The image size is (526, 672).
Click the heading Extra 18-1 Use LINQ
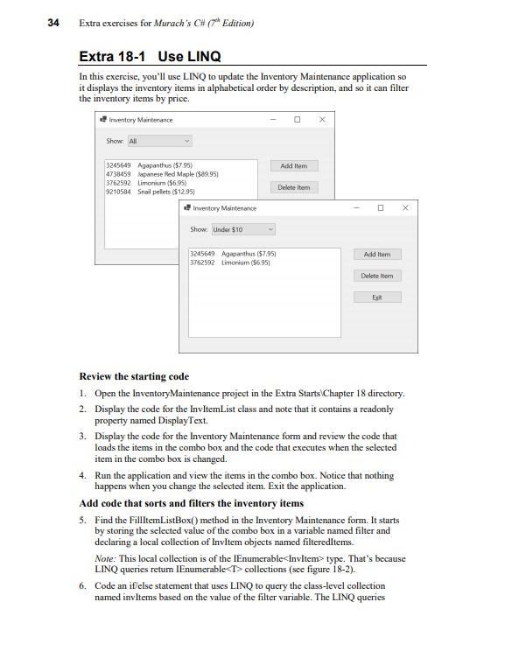point(150,57)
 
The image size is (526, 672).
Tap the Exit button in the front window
point(377,297)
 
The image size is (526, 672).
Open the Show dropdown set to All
point(159,141)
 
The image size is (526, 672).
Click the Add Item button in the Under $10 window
point(377,255)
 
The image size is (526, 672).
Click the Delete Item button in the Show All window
point(293,187)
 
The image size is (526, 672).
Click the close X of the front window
point(405,208)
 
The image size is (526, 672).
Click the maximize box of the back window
point(297,120)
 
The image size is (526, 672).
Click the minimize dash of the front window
point(356,208)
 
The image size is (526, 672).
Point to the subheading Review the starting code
point(134,376)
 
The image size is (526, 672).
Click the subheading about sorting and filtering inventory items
point(192,503)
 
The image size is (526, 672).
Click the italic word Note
point(104,558)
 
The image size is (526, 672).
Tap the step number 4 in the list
point(82,476)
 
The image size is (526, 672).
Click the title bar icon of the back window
point(103,120)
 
